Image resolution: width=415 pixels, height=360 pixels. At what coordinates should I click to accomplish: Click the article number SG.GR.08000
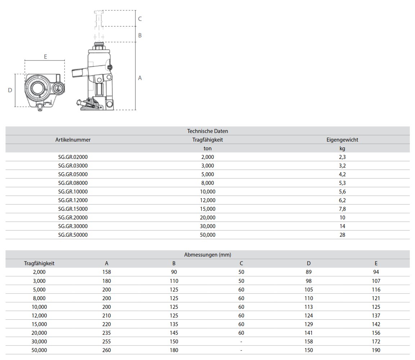(73, 183)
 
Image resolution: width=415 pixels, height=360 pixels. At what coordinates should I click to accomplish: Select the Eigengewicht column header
(342, 140)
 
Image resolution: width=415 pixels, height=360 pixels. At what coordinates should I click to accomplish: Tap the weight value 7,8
(342, 209)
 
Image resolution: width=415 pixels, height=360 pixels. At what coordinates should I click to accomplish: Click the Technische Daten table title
(207, 131)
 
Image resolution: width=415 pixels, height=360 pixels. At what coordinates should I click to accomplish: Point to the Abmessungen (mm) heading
(207, 255)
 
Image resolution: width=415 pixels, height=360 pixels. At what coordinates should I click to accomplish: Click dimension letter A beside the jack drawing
(140, 78)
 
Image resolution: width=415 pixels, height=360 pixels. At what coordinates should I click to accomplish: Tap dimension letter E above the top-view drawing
(45, 57)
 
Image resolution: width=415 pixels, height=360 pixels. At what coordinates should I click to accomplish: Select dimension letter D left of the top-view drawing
(10, 90)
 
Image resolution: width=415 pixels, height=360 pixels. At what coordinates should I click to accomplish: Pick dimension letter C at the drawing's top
(140, 19)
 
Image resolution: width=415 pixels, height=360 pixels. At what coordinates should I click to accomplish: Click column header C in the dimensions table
(241, 263)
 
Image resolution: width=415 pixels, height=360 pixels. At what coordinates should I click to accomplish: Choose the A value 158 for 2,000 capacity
(107, 272)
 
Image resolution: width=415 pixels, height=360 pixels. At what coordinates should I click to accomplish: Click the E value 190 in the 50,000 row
(376, 350)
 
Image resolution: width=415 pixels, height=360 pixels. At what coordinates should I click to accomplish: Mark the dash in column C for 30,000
(241, 341)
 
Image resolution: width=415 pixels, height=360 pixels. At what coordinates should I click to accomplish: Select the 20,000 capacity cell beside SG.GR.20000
(207, 217)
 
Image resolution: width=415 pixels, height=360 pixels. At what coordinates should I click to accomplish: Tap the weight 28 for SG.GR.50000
(342, 235)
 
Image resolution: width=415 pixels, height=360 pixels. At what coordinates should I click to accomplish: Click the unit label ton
(207, 148)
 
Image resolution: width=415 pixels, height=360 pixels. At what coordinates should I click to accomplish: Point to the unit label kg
(342, 148)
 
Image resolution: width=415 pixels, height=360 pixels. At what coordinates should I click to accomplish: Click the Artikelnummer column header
(73, 140)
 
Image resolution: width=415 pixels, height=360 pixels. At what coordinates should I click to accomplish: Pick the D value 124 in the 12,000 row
(308, 315)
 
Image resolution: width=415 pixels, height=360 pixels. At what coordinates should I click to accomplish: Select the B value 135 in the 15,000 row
(174, 324)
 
